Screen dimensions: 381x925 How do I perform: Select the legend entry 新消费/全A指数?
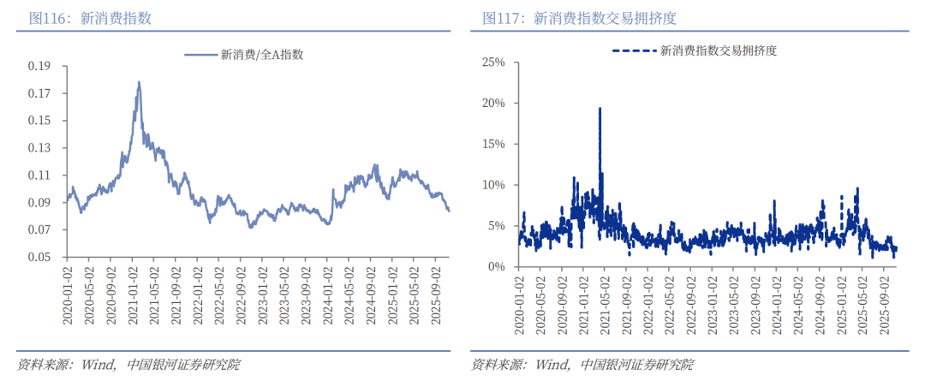[245, 54]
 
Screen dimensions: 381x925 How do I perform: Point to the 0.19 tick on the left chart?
[39, 66]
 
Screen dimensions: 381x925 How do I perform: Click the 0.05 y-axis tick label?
[39, 257]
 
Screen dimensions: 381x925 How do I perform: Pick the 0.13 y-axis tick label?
[39, 147]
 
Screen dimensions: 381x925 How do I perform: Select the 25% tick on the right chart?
[494, 62]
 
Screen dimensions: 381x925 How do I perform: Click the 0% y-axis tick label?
[497, 266]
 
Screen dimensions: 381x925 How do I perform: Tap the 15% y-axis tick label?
[494, 144]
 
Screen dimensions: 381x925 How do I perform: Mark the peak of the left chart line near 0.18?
[139, 82]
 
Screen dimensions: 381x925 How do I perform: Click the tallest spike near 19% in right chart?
[600, 108]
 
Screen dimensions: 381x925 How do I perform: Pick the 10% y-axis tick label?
[494, 185]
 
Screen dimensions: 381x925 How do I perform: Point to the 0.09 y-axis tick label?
[39, 202]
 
